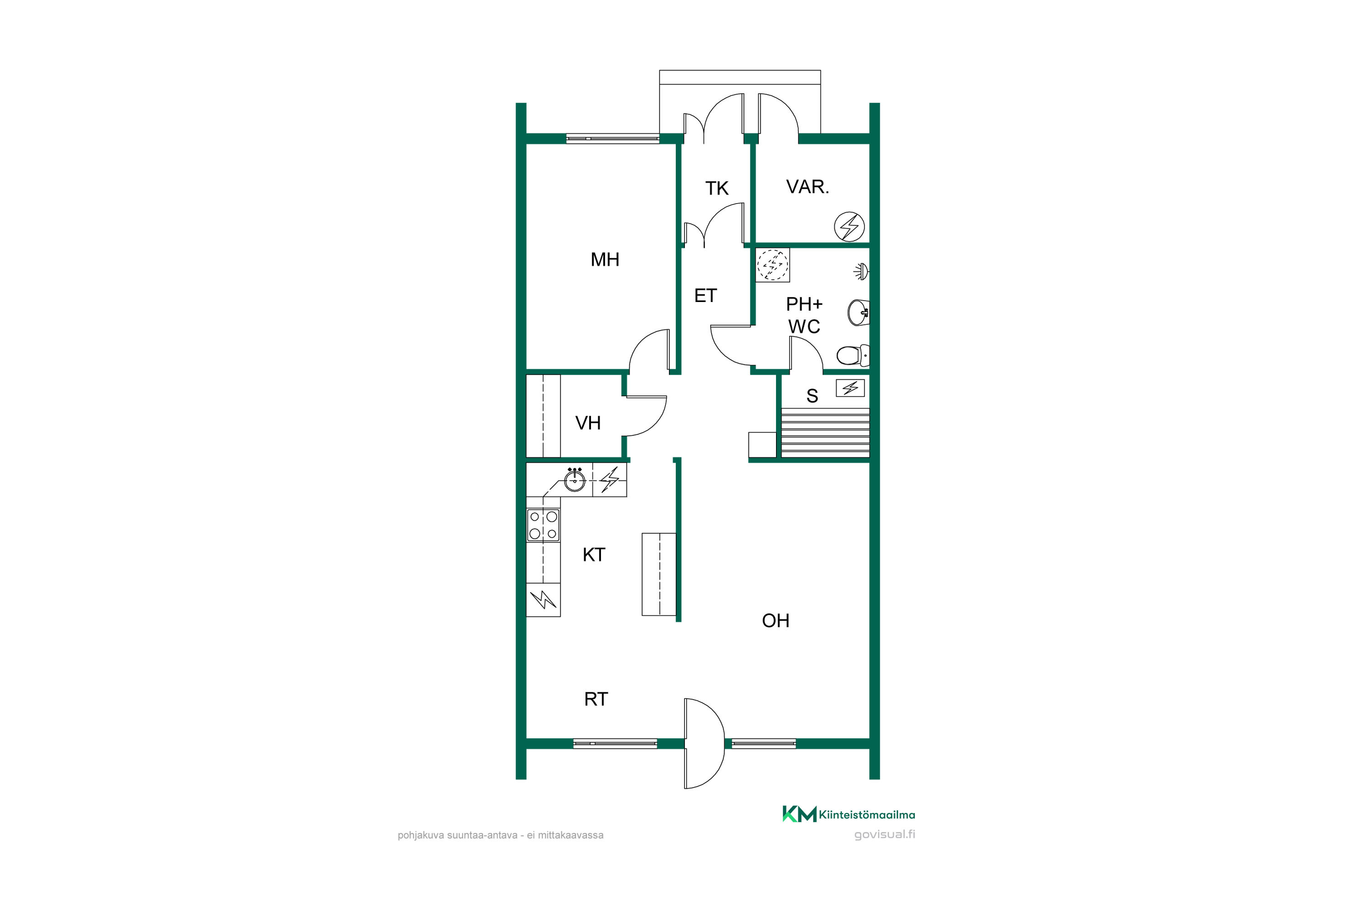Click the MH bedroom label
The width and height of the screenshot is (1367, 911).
click(605, 260)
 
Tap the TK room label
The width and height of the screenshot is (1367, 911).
click(717, 188)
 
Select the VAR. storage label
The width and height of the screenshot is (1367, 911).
click(807, 186)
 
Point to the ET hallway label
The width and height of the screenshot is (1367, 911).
click(705, 296)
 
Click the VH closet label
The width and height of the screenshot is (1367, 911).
click(588, 423)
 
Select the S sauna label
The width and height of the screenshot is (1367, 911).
click(812, 396)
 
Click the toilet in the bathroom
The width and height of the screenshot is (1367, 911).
click(853, 355)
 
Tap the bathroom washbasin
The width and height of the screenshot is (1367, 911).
click(858, 312)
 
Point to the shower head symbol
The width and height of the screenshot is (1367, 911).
click(861, 271)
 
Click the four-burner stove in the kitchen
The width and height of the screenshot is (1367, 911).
click(543, 525)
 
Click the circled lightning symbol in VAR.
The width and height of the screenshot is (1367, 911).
click(849, 226)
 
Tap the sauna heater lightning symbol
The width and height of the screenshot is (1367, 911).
click(850, 388)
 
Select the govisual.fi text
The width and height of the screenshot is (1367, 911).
click(884, 834)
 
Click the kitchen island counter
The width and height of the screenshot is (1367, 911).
click(659, 574)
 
